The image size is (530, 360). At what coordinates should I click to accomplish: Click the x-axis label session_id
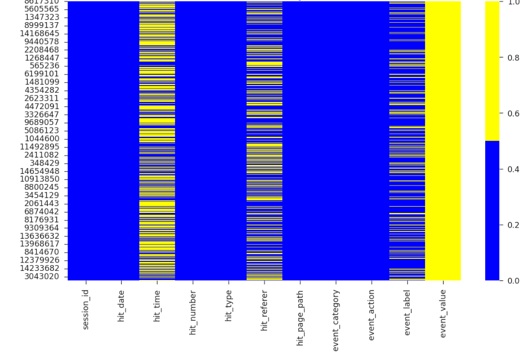coord(86,310)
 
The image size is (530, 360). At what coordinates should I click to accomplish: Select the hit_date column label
coord(122,307)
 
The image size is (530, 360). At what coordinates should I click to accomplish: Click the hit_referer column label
coord(264,310)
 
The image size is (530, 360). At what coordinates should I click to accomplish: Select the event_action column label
coord(371,315)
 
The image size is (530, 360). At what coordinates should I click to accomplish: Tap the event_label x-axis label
coord(407,313)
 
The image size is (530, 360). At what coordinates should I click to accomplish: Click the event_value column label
coord(443,313)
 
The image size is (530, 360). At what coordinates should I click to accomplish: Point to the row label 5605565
coord(45,9)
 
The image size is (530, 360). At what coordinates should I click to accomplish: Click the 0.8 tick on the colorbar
coord(513,58)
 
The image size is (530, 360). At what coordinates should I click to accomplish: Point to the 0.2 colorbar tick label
coord(513,225)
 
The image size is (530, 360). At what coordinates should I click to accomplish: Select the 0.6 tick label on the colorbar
coord(513,114)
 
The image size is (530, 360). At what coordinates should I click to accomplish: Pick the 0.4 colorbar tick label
coord(513,169)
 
